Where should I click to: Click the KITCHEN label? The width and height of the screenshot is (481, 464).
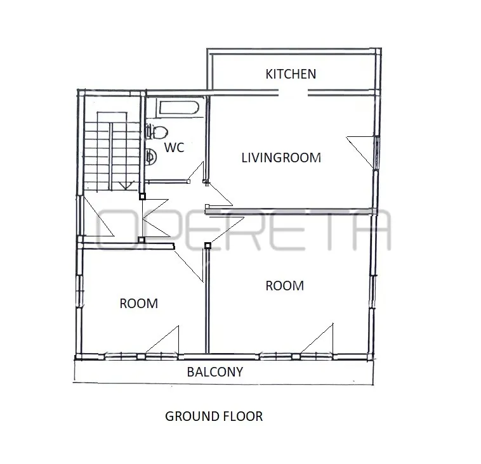pyautogui.click(x=291, y=74)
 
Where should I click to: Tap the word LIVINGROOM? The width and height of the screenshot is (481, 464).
pyautogui.click(x=281, y=158)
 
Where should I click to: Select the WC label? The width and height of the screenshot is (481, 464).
pyautogui.click(x=175, y=148)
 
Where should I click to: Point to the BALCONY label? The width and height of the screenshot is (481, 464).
pyautogui.click(x=214, y=372)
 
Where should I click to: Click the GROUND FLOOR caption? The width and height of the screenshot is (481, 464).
pyautogui.click(x=214, y=416)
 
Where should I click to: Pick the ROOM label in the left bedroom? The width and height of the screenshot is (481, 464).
pyautogui.click(x=139, y=304)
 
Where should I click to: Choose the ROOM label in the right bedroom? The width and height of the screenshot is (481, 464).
pyautogui.click(x=285, y=286)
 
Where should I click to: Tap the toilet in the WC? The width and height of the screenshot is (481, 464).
pyautogui.click(x=157, y=132)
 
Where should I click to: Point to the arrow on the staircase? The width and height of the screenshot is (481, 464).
pyautogui.click(x=126, y=186)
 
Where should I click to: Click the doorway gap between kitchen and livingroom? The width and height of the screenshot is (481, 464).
pyautogui.click(x=293, y=93)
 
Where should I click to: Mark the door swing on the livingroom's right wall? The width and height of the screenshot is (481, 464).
pyautogui.click(x=360, y=151)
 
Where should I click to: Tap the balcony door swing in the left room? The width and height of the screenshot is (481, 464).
pyautogui.click(x=162, y=340)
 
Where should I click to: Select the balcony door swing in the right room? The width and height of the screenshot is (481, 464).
pyautogui.click(x=318, y=338)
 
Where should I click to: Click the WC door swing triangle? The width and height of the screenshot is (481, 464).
pyautogui.click(x=196, y=172)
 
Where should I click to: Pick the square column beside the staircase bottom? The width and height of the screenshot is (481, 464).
pyautogui.click(x=142, y=196)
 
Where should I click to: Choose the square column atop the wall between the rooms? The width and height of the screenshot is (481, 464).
pyautogui.click(x=208, y=245)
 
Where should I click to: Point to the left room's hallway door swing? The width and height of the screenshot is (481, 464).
pyautogui.click(x=188, y=263)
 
